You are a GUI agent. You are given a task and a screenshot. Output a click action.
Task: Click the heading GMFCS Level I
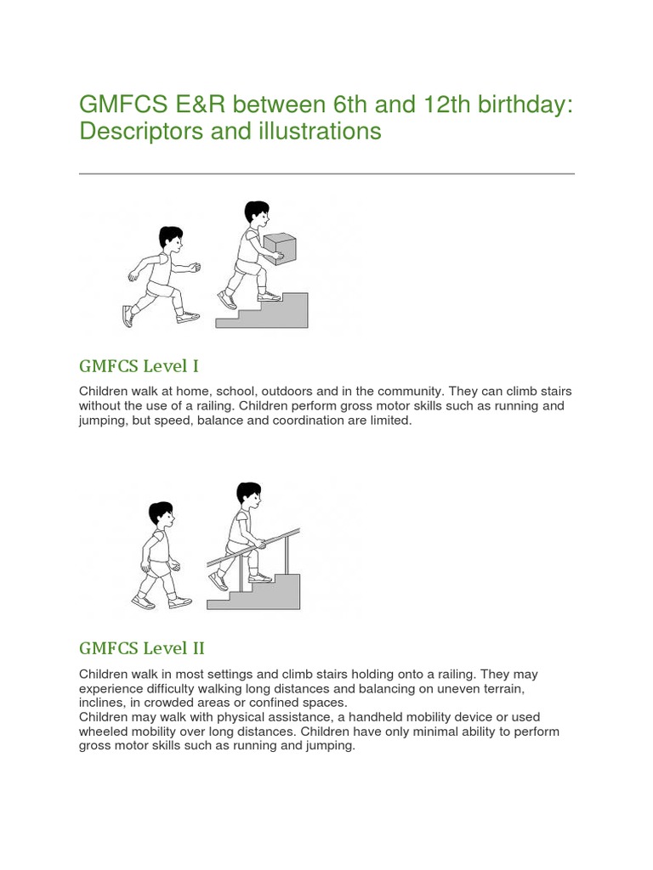coord(139,366)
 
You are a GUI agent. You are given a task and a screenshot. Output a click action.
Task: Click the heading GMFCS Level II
coord(142,648)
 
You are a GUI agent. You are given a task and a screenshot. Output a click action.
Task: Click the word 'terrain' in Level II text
coord(489,688)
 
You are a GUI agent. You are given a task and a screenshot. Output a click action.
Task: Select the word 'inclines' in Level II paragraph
coord(105,703)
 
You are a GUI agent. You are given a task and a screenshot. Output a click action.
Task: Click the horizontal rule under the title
coord(326,173)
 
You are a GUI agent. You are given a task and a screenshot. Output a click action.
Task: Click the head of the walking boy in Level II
coord(161,514)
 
